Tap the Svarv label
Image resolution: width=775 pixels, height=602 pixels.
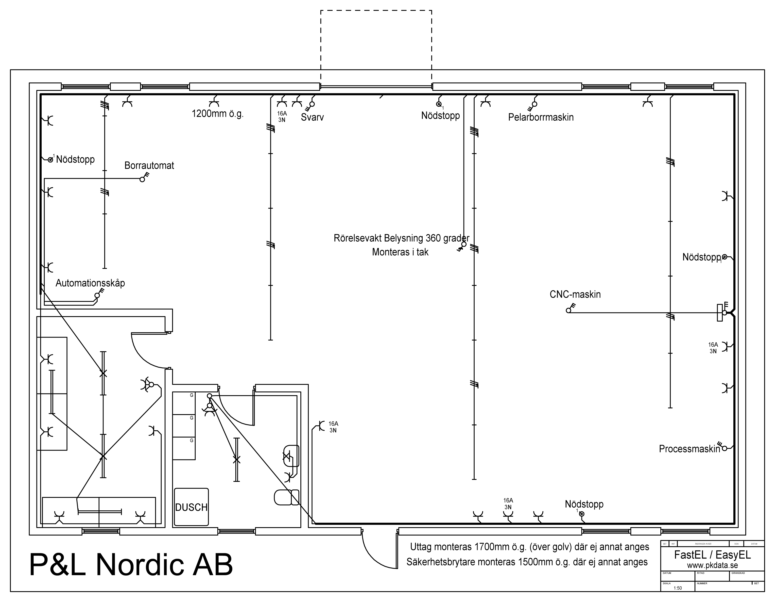(x=312, y=117)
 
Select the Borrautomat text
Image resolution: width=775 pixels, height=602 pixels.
(x=149, y=165)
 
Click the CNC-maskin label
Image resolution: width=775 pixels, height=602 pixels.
(x=575, y=294)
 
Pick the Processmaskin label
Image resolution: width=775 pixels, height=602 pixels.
(x=689, y=449)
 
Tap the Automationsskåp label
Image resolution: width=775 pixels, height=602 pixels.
(x=90, y=283)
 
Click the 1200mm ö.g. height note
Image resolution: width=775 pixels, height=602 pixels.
(x=218, y=114)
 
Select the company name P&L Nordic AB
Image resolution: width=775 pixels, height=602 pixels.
(x=131, y=564)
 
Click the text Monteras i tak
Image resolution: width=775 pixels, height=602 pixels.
(x=400, y=252)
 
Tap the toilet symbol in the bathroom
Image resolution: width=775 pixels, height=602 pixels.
(x=286, y=497)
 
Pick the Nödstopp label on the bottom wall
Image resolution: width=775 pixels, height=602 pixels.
(x=584, y=504)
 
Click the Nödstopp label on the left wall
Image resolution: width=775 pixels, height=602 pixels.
(x=75, y=159)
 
